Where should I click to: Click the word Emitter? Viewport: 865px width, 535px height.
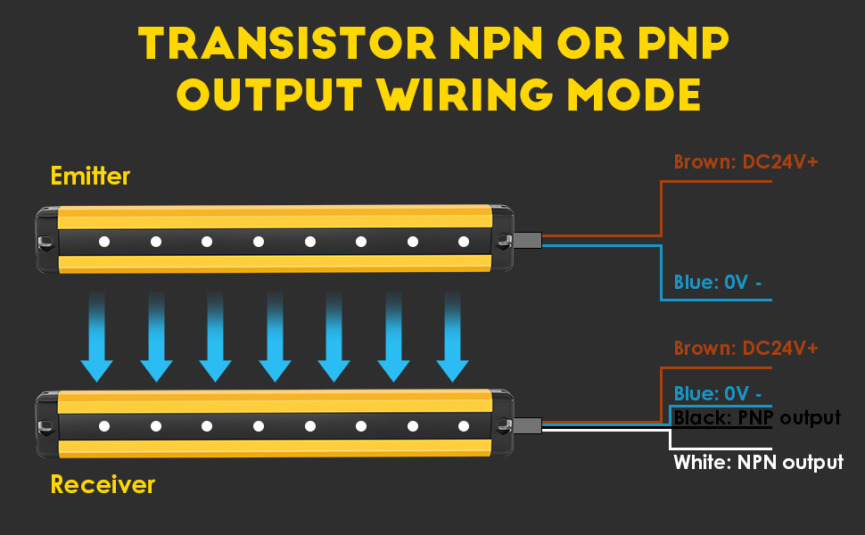click(90, 176)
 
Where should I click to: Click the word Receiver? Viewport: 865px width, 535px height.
click(103, 485)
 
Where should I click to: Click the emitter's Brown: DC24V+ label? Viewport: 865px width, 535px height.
click(746, 162)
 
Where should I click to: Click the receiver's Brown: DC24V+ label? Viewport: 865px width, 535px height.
click(746, 348)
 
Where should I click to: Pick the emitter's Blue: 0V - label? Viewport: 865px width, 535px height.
click(718, 283)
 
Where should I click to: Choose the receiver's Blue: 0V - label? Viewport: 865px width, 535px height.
click(718, 393)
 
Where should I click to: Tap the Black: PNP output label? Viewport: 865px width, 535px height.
click(757, 417)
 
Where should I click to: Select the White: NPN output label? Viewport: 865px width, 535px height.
click(758, 462)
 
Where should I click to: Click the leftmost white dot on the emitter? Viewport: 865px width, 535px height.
click(103, 242)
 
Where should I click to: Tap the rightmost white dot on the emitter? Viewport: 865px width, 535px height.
click(464, 242)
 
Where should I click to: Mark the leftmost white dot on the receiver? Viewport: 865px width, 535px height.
click(103, 426)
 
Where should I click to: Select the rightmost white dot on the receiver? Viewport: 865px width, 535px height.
click(464, 426)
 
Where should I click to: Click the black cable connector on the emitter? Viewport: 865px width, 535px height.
click(528, 240)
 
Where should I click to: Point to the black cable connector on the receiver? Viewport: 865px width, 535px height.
click(528, 425)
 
